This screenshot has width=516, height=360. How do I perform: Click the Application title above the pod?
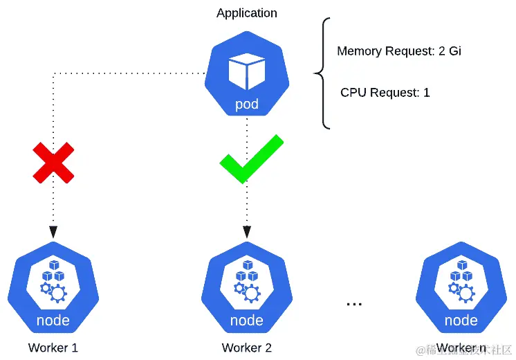pos(246,13)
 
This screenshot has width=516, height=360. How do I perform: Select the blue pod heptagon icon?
pos(246,76)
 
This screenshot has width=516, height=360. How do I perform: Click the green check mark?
pos(250,159)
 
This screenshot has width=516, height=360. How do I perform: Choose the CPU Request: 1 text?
pos(385,92)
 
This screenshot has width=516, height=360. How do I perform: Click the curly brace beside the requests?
pos(322,72)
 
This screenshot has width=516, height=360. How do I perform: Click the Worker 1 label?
pos(53,348)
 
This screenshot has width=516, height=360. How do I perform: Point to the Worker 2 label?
pos(246,348)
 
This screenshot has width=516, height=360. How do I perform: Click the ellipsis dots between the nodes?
pos(354,303)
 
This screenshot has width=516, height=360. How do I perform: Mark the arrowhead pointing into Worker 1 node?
pos(53,232)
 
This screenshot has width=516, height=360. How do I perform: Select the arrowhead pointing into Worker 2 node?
pos(246,232)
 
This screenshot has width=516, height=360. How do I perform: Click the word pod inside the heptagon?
pos(246,105)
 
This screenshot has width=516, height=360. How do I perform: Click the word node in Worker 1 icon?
pos(53,321)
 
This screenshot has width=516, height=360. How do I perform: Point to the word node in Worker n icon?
pos(461,321)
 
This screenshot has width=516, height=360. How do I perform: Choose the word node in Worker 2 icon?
pos(246,321)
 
